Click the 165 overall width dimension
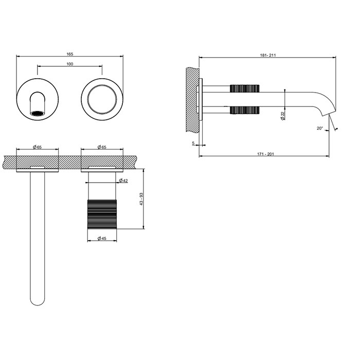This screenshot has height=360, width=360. (x=69, y=53)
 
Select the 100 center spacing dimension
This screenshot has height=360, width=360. (x=69, y=64)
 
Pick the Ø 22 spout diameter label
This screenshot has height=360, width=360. (x=283, y=116)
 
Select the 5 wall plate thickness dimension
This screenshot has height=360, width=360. (x=193, y=143)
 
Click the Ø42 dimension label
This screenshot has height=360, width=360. (x=123, y=180)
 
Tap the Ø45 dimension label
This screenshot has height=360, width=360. (x=101, y=238)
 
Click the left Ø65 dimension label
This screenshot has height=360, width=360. (x=38, y=147)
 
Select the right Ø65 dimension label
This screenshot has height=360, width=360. (x=101, y=147)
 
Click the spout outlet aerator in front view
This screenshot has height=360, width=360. (x=38, y=112)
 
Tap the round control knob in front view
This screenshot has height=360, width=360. (x=101, y=98)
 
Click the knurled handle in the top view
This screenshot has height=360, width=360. (x=101, y=215)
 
